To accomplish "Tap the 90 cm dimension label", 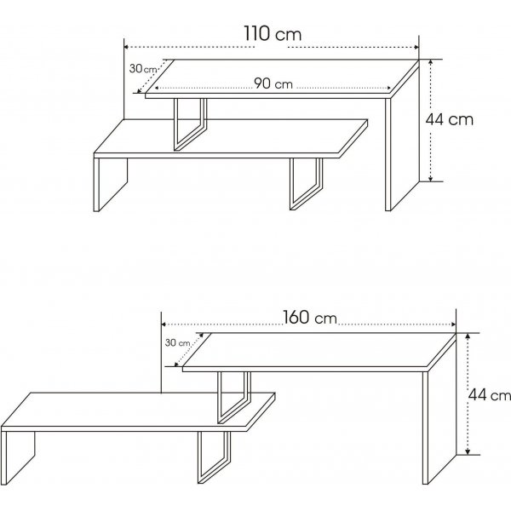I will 273,83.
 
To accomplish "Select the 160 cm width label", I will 308,319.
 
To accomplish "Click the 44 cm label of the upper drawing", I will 449,120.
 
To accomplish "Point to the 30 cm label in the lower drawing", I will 179,343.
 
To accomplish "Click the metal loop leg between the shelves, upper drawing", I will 189,123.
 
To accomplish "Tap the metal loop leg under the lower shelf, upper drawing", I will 305,183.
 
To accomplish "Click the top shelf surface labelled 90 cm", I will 281,77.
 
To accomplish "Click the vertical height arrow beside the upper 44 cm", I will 432,120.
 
